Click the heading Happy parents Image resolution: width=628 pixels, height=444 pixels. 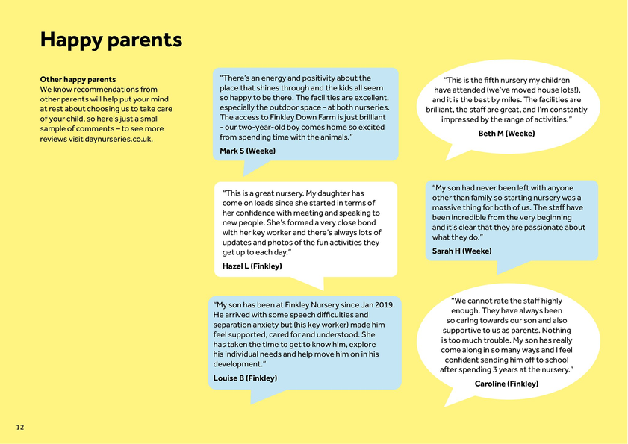click(111, 40)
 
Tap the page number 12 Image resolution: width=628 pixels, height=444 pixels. click(20, 427)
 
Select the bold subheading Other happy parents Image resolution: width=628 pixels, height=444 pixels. click(78, 79)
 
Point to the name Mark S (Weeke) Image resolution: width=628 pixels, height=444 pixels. click(247, 151)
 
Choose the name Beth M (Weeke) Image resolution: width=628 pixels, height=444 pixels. click(506, 134)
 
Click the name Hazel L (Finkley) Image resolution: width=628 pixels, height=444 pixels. click(252, 266)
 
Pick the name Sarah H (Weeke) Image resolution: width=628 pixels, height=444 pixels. click(462, 251)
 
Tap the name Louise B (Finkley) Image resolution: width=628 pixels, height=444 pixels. click(245, 378)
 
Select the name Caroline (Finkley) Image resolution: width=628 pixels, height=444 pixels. click(506, 384)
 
